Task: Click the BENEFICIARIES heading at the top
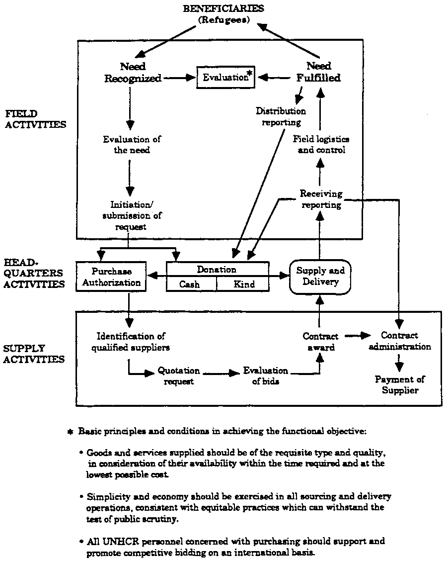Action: coord(223,8)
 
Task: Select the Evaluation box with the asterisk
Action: coord(226,78)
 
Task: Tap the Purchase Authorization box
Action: coord(111,277)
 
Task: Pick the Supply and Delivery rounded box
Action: coord(320,277)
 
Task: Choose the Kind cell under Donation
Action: coord(244,284)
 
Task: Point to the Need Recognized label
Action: coord(133,72)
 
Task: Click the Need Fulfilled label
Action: coord(319,72)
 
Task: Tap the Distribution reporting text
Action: coord(281,116)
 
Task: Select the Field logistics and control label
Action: coord(321,144)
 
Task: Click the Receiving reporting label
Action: coord(321,199)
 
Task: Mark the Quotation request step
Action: coord(178,376)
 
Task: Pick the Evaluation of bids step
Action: coord(265,376)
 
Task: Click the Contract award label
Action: coord(320,342)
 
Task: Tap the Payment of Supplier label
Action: coord(400,385)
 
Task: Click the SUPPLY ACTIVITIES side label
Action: coord(34,354)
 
